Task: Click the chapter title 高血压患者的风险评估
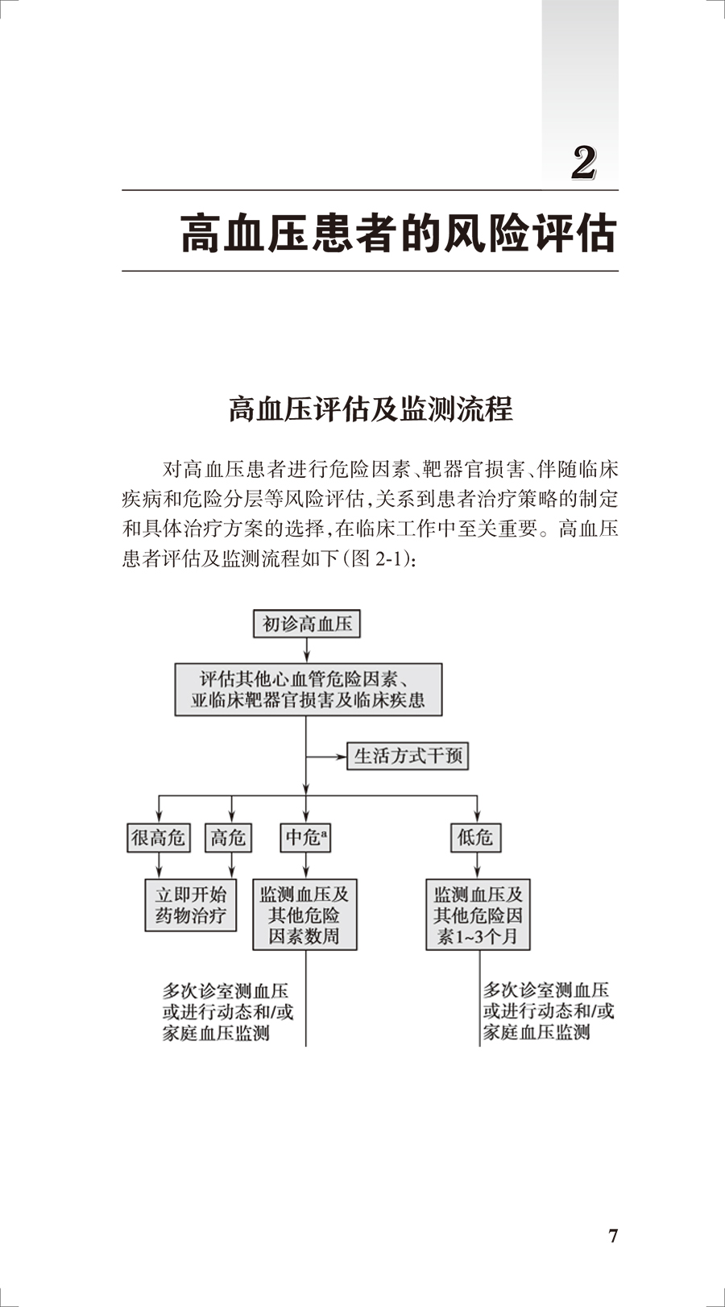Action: tap(399, 234)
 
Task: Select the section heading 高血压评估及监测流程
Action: tap(371, 409)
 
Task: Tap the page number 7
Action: tap(612, 1236)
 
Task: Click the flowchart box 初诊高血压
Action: tap(307, 624)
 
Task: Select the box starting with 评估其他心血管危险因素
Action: tap(308, 690)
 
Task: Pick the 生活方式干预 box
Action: tap(408, 756)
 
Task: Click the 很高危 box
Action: tap(159, 838)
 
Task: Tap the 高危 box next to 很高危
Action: tap(228, 838)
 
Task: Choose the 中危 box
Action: tap(305, 838)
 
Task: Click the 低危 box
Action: tap(475, 838)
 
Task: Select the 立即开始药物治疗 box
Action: tap(191, 905)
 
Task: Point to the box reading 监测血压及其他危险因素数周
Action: tap(304, 915)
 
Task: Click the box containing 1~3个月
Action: tap(478, 915)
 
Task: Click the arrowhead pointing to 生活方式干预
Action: tap(342, 757)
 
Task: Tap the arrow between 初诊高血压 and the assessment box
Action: tap(307, 650)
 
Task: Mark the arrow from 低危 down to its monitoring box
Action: tap(477, 866)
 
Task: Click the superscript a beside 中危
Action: tap(325, 832)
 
